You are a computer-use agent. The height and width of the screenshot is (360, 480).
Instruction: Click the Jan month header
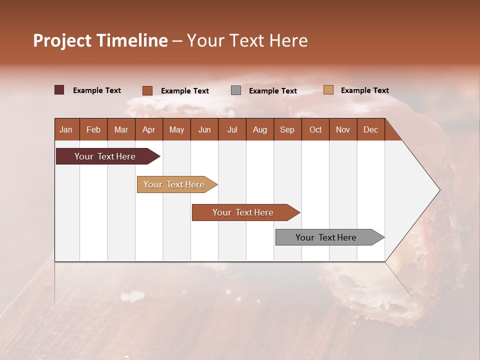click(x=66, y=129)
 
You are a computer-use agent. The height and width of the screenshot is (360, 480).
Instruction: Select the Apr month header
click(x=148, y=129)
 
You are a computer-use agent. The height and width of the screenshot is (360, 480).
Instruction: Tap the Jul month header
click(x=232, y=129)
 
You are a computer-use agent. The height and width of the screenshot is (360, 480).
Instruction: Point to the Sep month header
click(x=287, y=129)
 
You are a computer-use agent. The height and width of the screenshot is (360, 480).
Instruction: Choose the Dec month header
click(x=370, y=129)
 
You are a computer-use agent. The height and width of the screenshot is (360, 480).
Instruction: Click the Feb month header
click(x=93, y=129)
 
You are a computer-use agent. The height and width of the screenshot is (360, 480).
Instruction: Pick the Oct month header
click(x=315, y=129)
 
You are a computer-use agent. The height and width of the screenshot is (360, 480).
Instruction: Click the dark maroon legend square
click(x=59, y=90)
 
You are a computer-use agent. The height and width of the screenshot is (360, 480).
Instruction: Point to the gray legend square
click(x=236, y=90)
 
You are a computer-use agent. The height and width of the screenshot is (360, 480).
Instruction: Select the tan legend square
click(x=328, y=90)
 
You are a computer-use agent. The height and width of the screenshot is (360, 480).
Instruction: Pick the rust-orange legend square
click(x=147, y=90)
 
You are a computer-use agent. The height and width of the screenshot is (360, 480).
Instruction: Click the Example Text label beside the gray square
click(x=272, y=91)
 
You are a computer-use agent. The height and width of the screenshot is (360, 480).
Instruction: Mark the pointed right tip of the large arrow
click(x=439, y=190)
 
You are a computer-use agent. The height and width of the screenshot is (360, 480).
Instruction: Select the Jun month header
click(x=204, y=129)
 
